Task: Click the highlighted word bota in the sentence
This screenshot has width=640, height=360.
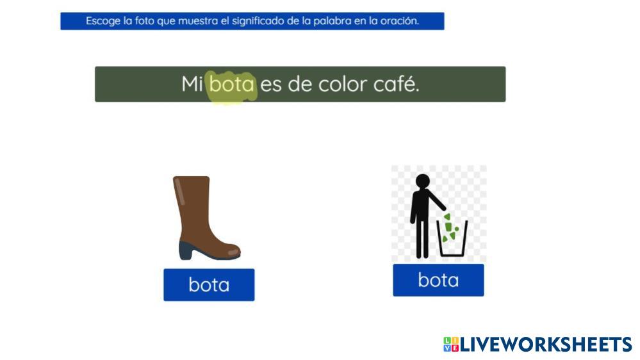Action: coord(232,84)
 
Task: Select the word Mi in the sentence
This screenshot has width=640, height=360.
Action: coord(192,84)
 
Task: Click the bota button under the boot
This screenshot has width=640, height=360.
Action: coord(209,285)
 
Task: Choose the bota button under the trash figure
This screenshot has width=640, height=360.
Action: coord(438,280)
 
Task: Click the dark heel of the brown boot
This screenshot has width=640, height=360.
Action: coord(186,250)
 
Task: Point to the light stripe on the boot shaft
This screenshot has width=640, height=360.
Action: coord(179,191)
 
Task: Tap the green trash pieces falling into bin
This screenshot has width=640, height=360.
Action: coord(450,227)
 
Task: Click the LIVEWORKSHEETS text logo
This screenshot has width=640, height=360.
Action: coord(546,344)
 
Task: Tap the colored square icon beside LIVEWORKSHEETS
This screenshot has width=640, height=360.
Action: coord(451,344)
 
